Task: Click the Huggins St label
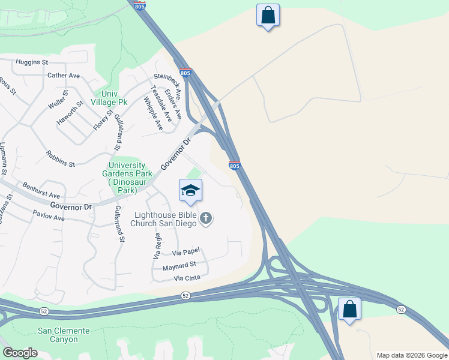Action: click(x=32, y=62)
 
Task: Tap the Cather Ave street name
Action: click(x=64, y=76)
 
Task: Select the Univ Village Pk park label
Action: click(x=106, y=98)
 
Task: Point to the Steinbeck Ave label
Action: click(x=167, y=87)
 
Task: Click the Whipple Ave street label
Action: click(x=153, y=114)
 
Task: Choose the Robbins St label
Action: click(x=60, y=158)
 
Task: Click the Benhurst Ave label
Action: click(x=41, y=191)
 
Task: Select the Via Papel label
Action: click(x=185, y=253)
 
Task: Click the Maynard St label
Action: click(x=175, y=265)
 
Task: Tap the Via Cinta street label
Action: click(x=187, y=278)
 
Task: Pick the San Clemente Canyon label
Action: click(x=64, y=335)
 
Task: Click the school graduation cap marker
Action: click(x=191, y=191)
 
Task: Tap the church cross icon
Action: click(x=206, y=218)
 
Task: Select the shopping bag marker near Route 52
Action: click(x=349, y=310)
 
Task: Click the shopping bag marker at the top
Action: click(x=268, y=15)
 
